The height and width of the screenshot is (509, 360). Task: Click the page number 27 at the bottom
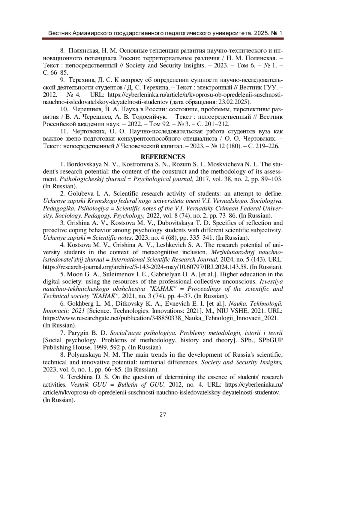coord(163,415)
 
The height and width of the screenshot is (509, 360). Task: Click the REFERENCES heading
coord(163,157)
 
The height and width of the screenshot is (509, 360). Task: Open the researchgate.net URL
coord(161,318)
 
